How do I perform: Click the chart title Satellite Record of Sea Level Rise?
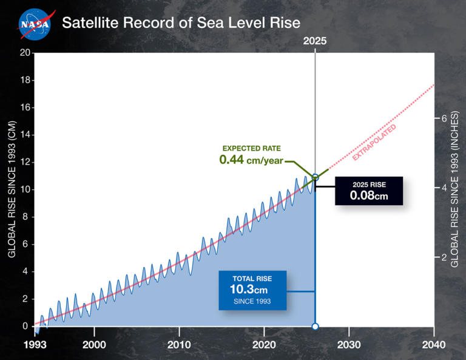(181, 24)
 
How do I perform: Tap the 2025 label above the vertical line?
(315, 41)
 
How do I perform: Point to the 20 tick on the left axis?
(25, 53)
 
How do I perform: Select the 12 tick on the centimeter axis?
(25, 162)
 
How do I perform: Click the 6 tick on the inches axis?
(444, 118)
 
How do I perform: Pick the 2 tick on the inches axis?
(444, 257)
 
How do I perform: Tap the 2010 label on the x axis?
(179, 344)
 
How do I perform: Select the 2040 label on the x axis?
(434, 344)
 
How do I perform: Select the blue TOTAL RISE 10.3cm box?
(251, 289)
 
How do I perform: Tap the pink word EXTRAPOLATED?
(374, 142)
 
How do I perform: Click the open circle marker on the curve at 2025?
(315, 177)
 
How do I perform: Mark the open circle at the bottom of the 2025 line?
(315, 327)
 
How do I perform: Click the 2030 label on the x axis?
(349, 344)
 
